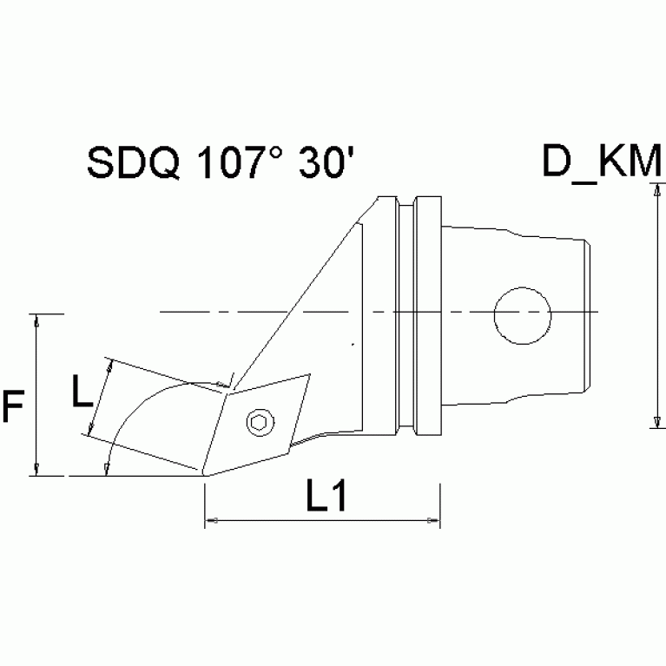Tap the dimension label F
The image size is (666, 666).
click(x=13, y=407)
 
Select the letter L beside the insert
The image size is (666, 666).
click(x=82, y=393)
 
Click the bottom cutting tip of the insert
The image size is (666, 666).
click(x=204, y=474)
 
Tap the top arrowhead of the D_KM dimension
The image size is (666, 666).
click(x=654, y=190)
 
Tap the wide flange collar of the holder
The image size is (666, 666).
click(x=428, y=316)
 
